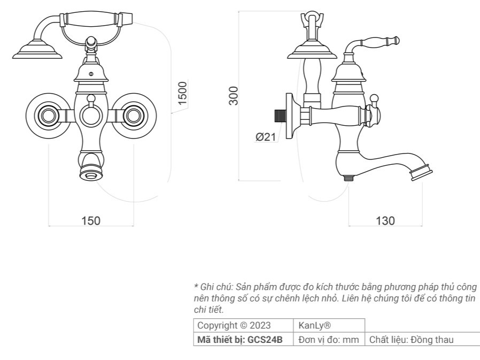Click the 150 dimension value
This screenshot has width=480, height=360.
91,220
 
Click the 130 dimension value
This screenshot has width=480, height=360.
385,220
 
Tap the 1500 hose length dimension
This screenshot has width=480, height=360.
182,93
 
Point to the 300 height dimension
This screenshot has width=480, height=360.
233,96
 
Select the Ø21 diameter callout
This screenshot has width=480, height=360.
266,136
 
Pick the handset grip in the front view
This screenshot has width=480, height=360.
91,19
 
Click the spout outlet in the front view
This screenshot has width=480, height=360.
91,174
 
